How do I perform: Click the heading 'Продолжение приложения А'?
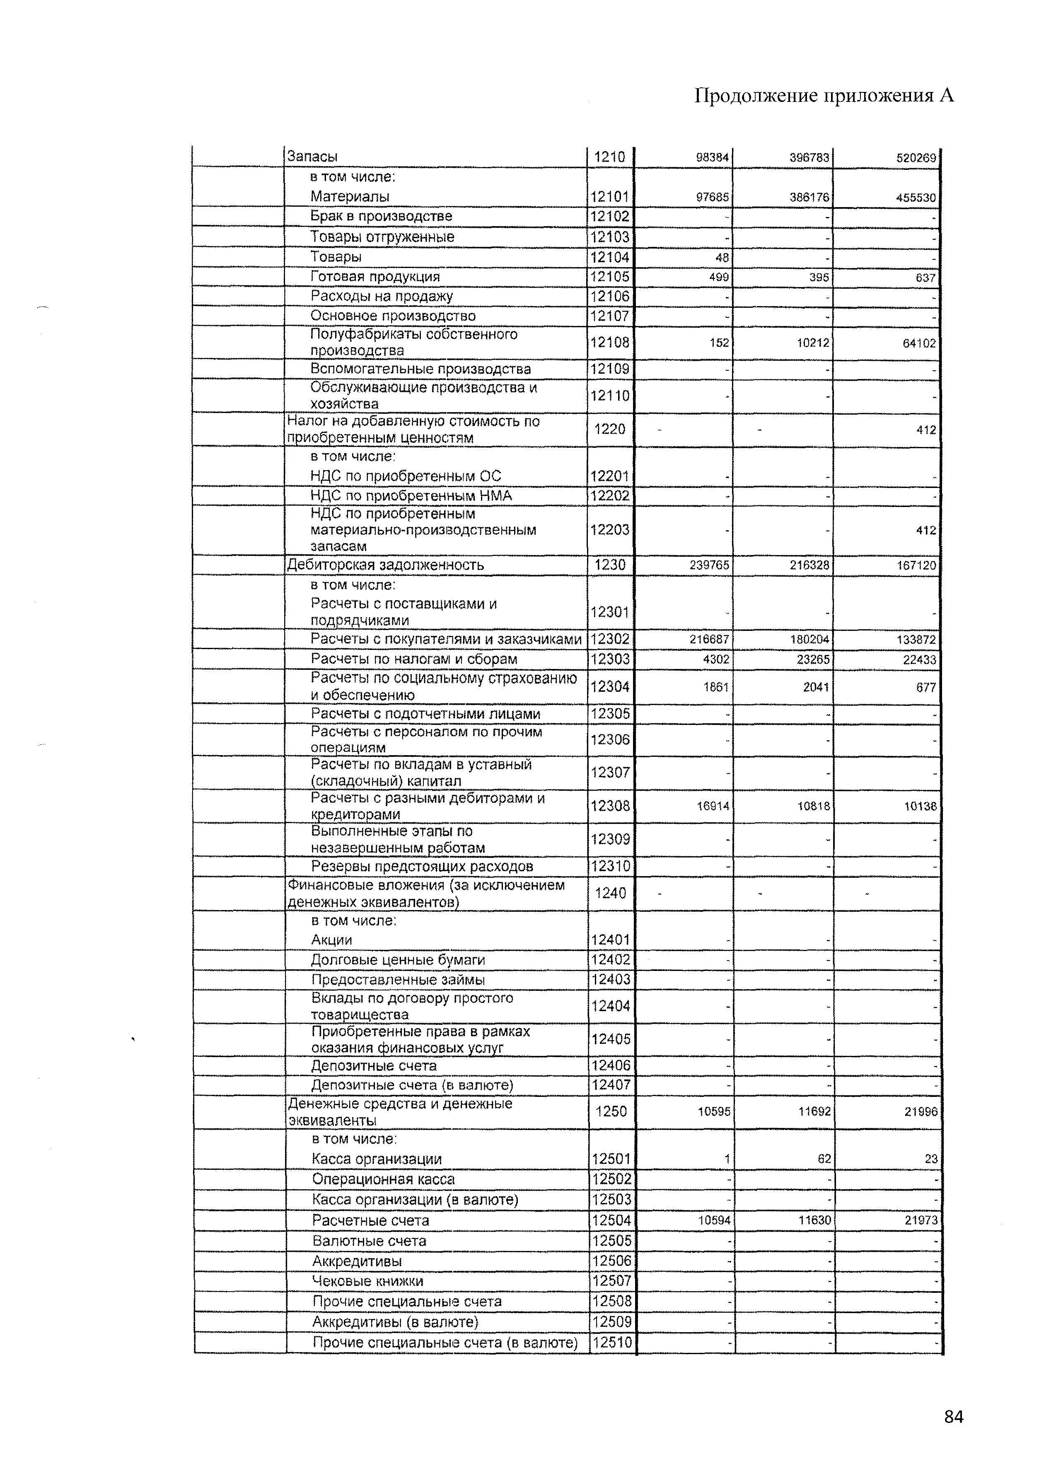point(824,96)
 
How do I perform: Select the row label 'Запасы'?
point(312,157)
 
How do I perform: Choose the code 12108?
point(610,342)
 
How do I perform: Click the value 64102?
point(919,343)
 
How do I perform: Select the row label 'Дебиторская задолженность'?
point(385,565)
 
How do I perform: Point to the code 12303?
point(610,659)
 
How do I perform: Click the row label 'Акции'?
point(331,939)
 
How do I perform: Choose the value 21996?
point(921,1112)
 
